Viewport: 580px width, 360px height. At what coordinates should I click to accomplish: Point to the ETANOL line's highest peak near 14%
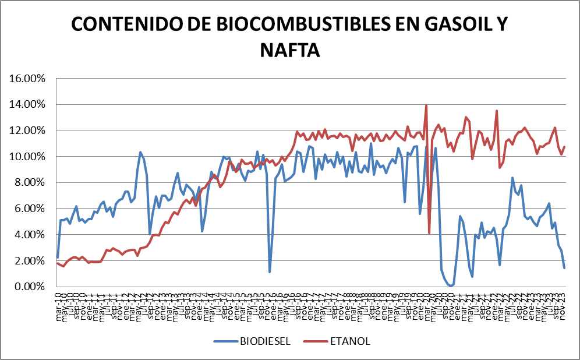pos(426,105)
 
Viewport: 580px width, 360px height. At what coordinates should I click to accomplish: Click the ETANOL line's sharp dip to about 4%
pos(429,233)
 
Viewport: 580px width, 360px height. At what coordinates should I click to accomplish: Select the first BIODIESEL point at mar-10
pos(57,257)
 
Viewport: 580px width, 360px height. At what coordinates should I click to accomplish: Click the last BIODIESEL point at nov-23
pos(564,267)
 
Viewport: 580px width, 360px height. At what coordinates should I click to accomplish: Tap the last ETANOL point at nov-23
pos(564,147)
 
